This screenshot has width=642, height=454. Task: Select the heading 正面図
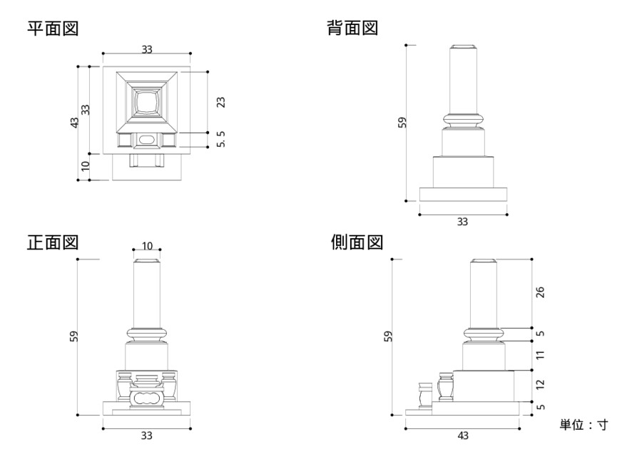point(52,242)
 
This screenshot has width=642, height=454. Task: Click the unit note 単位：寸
point(583,425)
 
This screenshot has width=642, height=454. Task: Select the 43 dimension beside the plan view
point(74,123)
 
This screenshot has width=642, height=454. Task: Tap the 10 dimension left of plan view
point(85,167)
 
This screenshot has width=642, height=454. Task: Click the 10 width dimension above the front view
point(147,246)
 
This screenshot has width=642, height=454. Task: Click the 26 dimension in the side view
point(539,292)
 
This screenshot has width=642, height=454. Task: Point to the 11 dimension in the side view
point(539,354)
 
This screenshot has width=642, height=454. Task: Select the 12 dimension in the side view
point(539,385)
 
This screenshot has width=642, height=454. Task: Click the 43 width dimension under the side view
point(462,435)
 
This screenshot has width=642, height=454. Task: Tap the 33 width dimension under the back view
point(462,222)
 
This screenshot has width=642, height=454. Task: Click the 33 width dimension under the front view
point(147,435)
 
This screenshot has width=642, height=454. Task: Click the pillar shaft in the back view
point(463,80)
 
